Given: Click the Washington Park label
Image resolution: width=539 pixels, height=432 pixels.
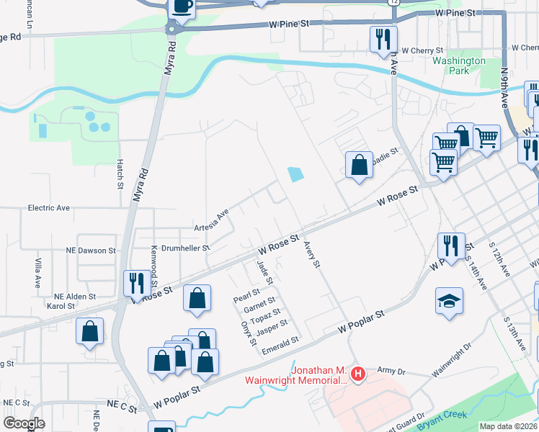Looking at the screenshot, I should (459, 66).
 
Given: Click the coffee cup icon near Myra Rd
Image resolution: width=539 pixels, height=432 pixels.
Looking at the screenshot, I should (182, 6).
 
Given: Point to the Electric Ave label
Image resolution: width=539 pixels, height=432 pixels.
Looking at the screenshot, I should (49, 207).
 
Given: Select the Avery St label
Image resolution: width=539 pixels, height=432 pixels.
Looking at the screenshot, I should (311, 254).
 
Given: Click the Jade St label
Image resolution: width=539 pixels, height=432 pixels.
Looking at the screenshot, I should (263, 272).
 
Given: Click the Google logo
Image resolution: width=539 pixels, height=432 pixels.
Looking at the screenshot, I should (23, 423).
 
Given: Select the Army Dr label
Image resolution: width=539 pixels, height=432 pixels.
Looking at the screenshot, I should (392, 371).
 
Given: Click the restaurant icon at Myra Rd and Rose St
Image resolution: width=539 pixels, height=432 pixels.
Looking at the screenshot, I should (135, 282).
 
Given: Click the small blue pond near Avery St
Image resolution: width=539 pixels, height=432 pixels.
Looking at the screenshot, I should (295, 174).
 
